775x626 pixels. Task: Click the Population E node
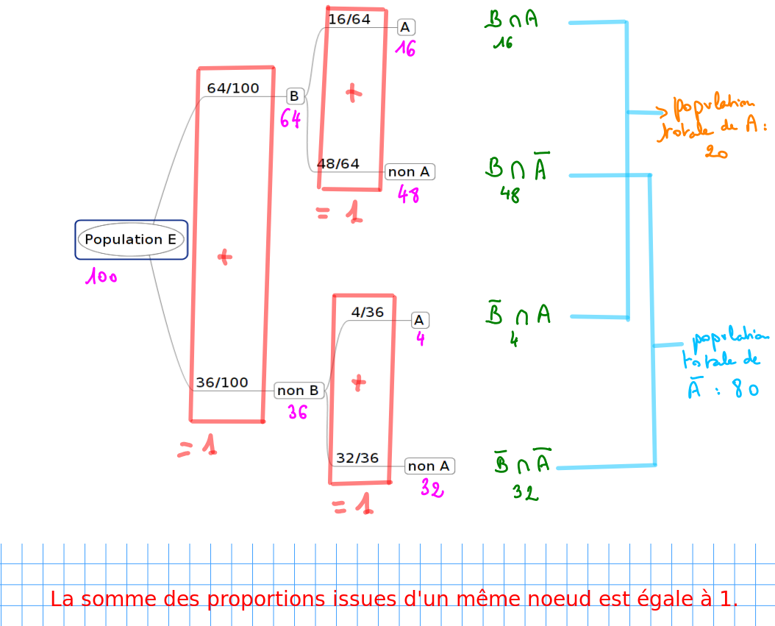tap(131, 240)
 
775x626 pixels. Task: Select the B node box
tap(294, 96)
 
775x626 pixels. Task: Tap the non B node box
tap(298, 391)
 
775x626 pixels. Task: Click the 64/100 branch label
tap(233, 88)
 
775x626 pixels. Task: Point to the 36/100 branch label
tap(222, 383)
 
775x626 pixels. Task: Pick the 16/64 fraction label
tap(349, 20)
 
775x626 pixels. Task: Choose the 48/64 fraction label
tap(338, 163)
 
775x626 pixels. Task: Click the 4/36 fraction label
tap(368, 312)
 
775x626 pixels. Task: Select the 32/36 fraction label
tap(357, 458)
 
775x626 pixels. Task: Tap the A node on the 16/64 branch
tap(406, 27)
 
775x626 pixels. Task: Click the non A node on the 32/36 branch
tap(429, 466)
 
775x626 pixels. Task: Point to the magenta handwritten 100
tap(101, 277)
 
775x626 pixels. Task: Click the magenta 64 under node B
tap(290, 118)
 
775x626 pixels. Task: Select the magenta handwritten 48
tap(408, 195)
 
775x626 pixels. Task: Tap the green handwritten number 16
tap(503, 43)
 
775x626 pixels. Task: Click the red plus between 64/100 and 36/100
tap(224, 257)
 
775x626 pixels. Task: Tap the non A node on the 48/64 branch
tap(409, 172)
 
